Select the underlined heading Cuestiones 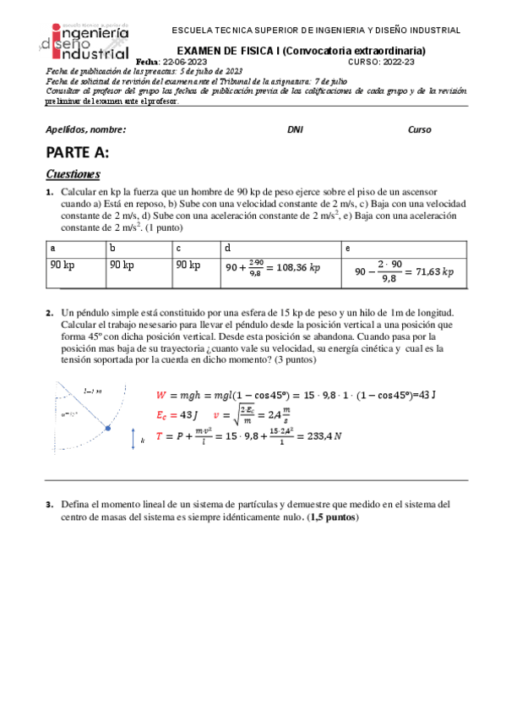73,175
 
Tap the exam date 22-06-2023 185,63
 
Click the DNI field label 295,130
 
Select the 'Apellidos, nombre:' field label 85,130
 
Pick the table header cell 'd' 227,249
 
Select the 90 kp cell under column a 63,265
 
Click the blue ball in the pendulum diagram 107,429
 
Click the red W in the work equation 162,395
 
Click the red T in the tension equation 161,437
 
